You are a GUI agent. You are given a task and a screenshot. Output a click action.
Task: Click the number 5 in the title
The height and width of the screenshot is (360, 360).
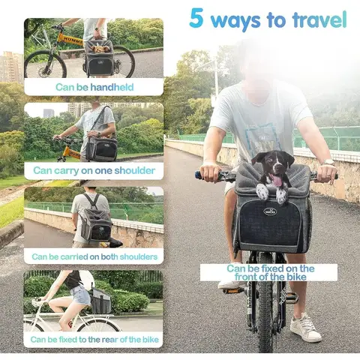196,19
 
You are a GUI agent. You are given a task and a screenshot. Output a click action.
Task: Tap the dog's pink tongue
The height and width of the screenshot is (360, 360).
277,181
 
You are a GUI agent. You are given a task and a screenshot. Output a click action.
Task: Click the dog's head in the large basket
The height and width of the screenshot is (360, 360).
271,169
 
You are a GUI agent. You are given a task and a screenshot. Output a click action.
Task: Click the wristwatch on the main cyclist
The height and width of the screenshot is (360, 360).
328,162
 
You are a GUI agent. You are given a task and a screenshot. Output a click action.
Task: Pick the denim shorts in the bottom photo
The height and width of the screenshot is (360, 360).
80,296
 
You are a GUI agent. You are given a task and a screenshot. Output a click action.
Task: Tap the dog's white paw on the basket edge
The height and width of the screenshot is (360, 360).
261,192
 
